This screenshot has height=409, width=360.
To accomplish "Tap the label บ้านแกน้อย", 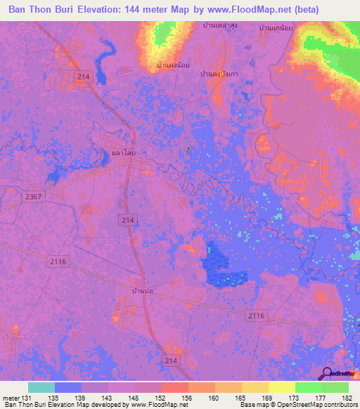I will (x=276, y=27).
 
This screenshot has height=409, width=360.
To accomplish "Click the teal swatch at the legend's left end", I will (x=41, y=387).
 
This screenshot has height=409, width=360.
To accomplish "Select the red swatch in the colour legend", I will (x=174, y=387).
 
